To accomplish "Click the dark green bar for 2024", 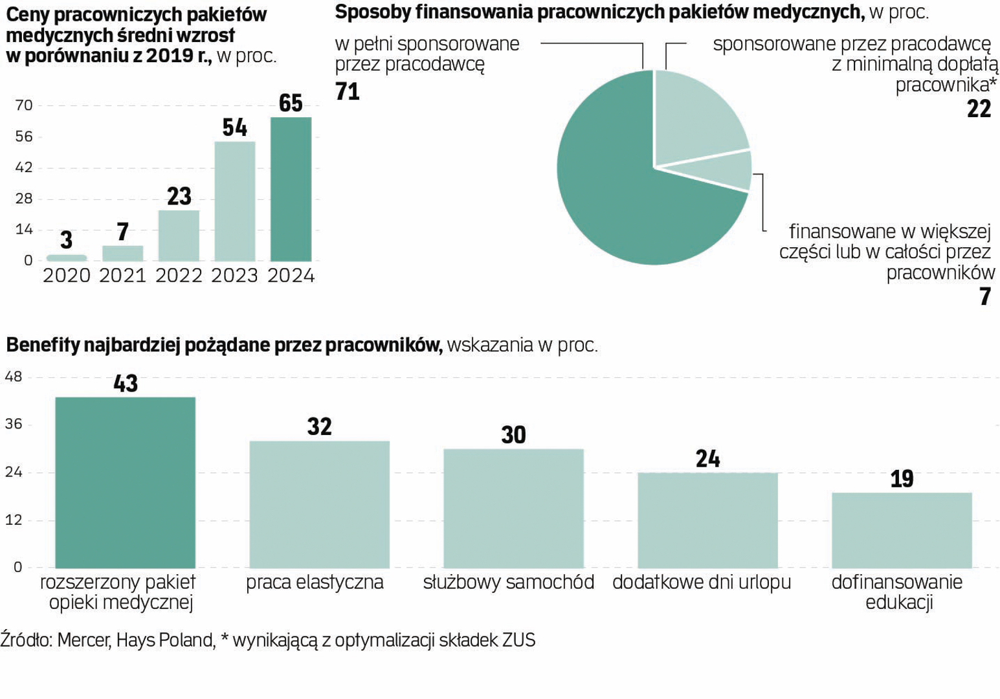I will tap(291, 189).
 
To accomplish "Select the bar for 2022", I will tap(179, 236).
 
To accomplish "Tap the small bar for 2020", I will tap(67, 258).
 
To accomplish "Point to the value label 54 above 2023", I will tap(234, 128).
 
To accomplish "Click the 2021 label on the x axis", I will tap(122, 276).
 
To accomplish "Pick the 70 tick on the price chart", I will tap(24, 105).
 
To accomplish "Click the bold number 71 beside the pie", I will tap(348, 91).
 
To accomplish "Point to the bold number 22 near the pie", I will tap(979, 109).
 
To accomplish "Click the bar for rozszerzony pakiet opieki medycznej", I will tap(126, 482).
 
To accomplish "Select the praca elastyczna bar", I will tap(319, 504).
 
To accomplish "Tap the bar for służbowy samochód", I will tap(513, 508).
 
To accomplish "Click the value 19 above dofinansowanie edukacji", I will tap(902, 479).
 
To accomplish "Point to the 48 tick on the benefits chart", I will tap(14, 377).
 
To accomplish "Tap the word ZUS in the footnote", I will tap(518, 640).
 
